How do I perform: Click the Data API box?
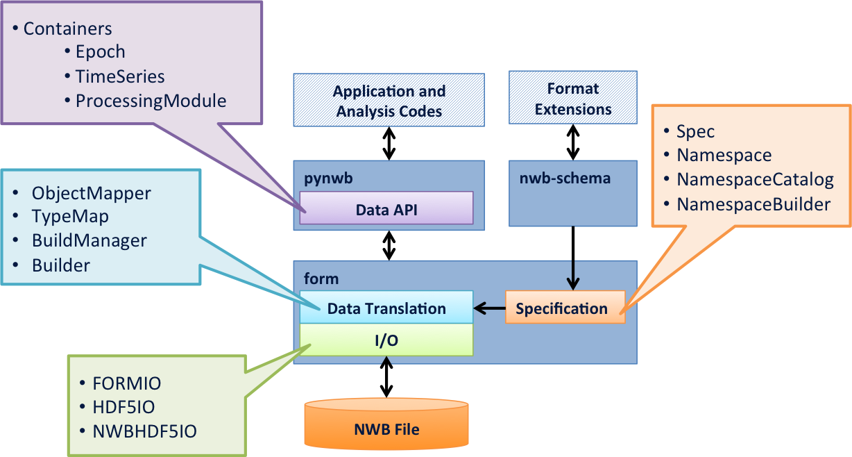386,208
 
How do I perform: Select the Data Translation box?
386,308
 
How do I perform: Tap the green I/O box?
386,340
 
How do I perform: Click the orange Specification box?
565,308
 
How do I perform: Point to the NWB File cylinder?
386,424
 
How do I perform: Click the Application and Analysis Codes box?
389,100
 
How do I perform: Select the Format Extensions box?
573,97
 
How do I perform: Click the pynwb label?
328,178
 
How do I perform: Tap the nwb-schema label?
565,178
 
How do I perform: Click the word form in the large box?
321,279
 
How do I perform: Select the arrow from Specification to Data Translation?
490,308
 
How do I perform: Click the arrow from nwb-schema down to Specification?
573,258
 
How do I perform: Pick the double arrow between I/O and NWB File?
386,377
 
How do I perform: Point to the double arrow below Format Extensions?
573,142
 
